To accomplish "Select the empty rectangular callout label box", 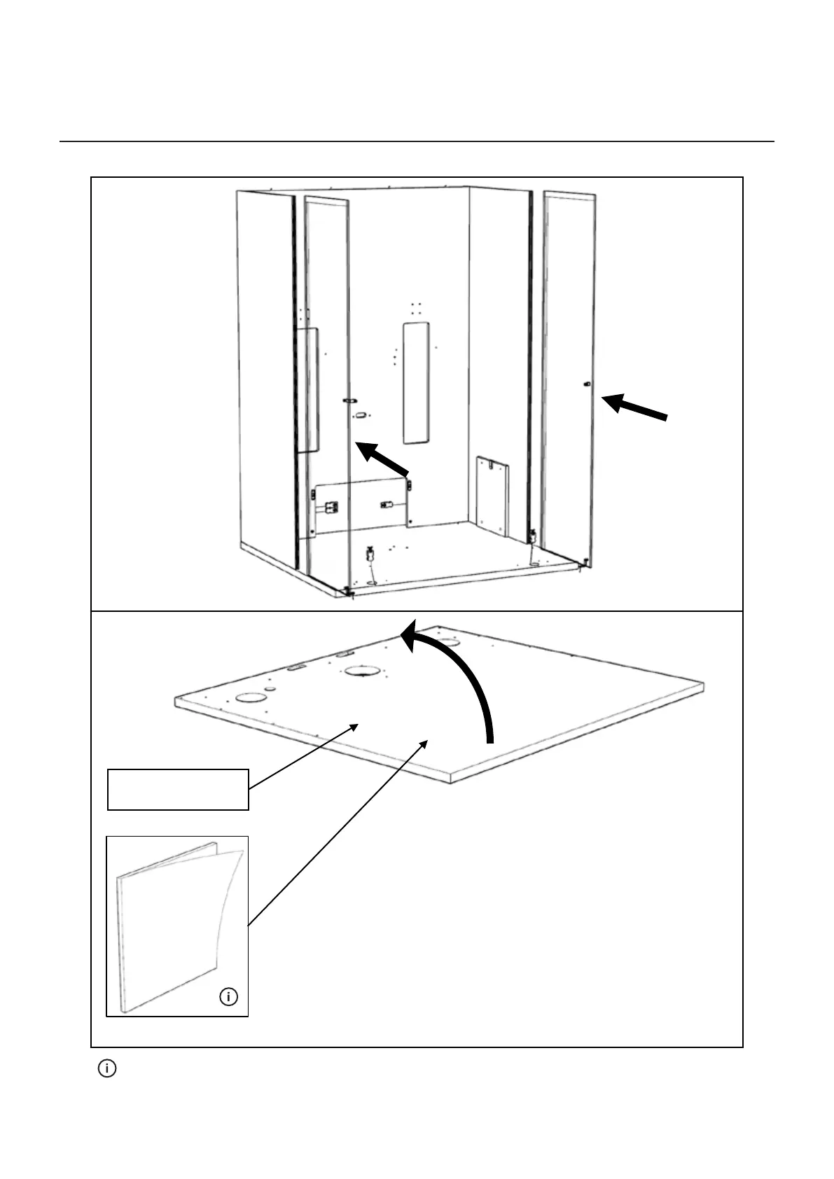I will [x=178, y=789].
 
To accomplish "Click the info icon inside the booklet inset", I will [x=229, y=996].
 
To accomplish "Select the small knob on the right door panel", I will [x=586, y=384].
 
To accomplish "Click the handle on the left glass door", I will [x=350, y=400].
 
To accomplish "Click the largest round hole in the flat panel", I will [x=363, y=671].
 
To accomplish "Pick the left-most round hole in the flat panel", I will [x=249, y=697].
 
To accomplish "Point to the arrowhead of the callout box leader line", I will [x=357, y=727].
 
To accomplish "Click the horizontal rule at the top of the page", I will [x=417, y=141].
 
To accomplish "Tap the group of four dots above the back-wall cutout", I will [x=416, y=309].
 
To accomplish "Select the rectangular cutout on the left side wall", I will [x=309, y=391].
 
